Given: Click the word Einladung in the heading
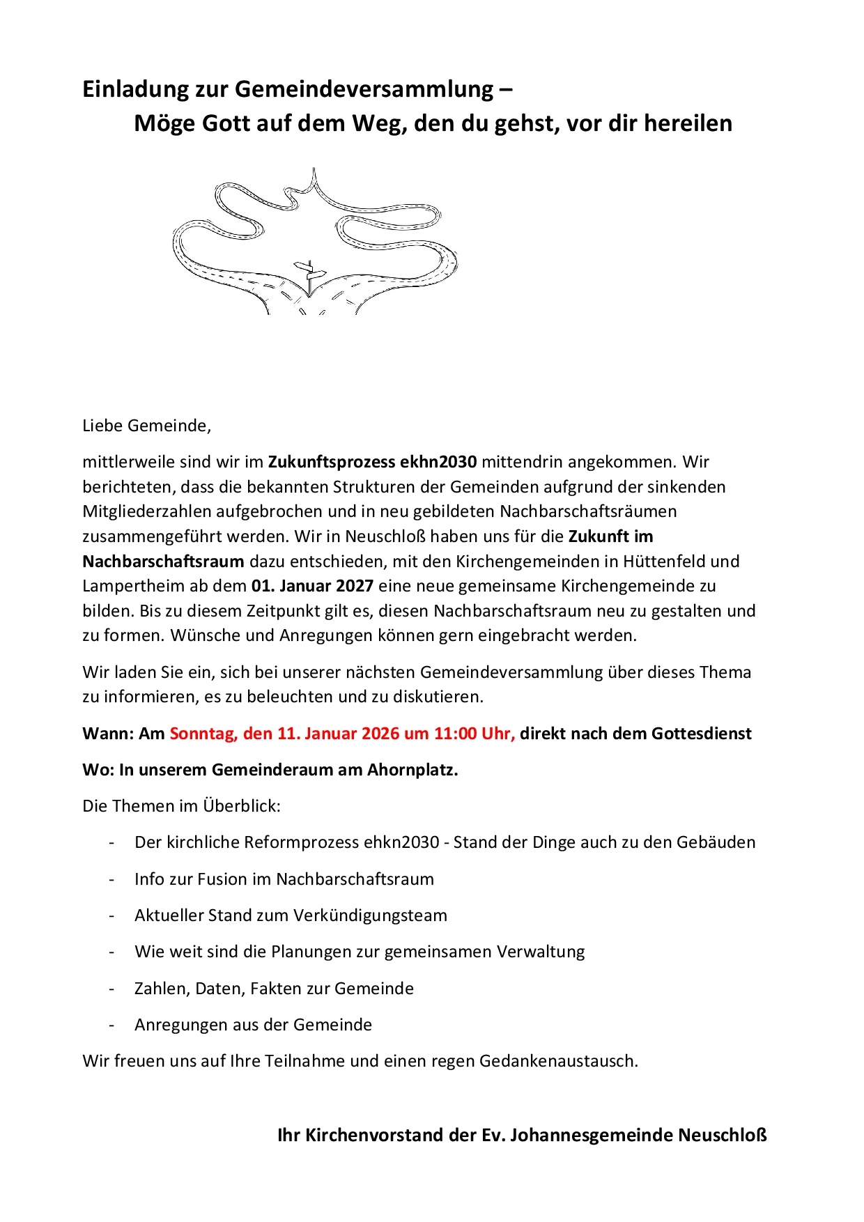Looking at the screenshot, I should click(x=134, y=89).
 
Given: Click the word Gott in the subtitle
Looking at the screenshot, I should click(x=226, y=123).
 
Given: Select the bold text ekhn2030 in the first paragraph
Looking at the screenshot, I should click(x=438, y=462).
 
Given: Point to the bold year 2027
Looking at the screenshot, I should click(x=355, y=586).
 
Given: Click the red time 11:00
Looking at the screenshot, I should click(x=455, y=734).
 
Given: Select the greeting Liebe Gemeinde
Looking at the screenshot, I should click(x=146, y=426).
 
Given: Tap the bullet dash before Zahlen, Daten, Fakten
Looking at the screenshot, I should click(x=111, y=989).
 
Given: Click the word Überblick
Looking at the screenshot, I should click(x=241, y=806).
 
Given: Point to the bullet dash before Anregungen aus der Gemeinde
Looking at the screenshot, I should click(x=111, y=1025).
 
